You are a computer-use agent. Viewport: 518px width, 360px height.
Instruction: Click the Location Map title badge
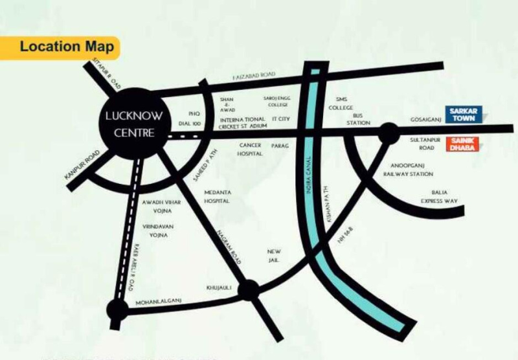click(x=65, y=47)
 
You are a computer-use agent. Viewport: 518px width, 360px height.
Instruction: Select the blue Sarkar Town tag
click(x=462, y=115)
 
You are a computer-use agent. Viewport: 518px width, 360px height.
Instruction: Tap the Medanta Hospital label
click(x=218, y=197)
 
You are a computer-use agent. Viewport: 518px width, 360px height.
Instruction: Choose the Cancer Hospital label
click(x=250, y=150)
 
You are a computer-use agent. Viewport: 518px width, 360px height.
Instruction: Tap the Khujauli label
click(x=218, y=286)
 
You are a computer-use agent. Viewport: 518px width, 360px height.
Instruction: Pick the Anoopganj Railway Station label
click(x=408, y=170)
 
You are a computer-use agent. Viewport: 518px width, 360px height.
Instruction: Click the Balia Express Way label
click(x=444, y=197)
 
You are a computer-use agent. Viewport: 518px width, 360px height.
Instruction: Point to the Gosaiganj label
click(x=424, y=120)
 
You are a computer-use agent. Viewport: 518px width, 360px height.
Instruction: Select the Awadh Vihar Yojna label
click(x=155, y=207)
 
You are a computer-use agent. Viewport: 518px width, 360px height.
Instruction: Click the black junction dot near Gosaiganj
click(x=388, y=133)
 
